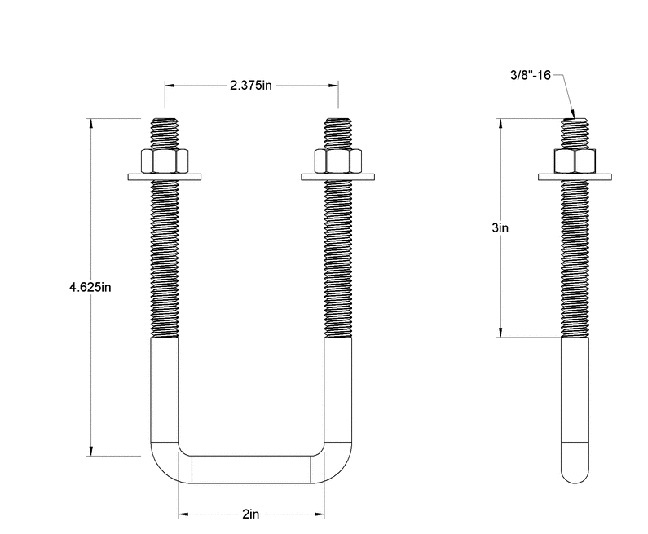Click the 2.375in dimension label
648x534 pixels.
tap(250, 86)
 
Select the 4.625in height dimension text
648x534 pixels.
tap(90, 287)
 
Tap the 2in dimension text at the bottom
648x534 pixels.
tap(251, 515)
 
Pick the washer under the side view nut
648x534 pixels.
tap(575, 175)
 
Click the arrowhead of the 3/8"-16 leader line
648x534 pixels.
tap(573, 116)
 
